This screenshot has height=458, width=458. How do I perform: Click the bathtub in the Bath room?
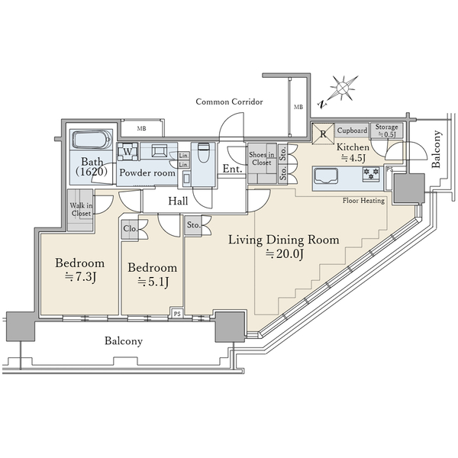point(92,140)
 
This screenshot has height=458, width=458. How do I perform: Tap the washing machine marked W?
point(127,152)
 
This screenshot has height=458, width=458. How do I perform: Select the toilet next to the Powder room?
point(203,152)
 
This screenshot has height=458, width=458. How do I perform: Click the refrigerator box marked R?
point(323,134)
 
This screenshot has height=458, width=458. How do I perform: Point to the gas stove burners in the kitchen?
point(371,174)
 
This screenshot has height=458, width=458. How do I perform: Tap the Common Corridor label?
point(229,102)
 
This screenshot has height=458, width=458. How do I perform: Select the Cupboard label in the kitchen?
point(352,131)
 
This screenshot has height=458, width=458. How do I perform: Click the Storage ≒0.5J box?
point(386,131)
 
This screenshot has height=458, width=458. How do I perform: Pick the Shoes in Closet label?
point(262,159)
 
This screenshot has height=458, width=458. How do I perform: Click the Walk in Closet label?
point(81,209)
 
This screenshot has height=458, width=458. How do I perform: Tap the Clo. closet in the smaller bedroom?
point(131,228)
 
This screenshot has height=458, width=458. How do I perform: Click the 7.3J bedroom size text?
point(80,277)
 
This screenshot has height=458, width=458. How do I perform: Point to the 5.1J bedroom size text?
point(153,282)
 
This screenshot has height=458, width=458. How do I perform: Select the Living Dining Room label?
point(284,240)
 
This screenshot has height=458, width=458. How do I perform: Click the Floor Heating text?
point(363,200)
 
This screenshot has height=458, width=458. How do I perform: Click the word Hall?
point(178,201)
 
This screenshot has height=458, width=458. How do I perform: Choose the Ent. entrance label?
point(232,169)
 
